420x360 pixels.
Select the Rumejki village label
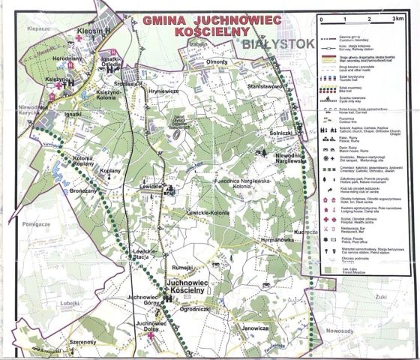[x=184, y=267]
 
